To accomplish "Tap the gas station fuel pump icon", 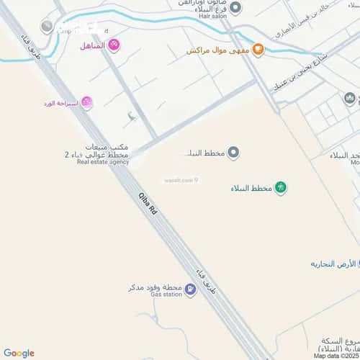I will (190, 290).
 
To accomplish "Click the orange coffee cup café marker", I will (258, 50).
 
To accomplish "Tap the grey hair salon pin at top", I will (235, 7).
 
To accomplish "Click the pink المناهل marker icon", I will (114, 45).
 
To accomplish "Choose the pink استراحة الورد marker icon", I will (87, 103).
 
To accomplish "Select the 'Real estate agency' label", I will (103, 163).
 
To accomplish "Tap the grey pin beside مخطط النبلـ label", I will (234, 152).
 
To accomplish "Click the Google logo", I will (19, 353).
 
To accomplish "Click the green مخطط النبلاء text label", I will (251, 188).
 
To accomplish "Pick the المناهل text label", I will (91, 46).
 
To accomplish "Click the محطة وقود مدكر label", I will (154, 287).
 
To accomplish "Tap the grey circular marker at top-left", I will (48, 27).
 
